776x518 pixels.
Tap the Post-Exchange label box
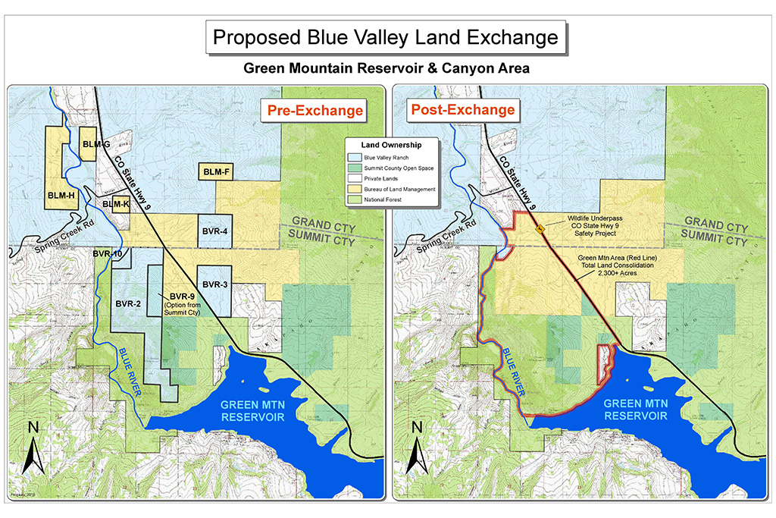coord(462,110)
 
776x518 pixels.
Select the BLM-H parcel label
coord(61,196)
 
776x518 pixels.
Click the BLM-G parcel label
coord(96,144)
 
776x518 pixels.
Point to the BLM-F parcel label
coord(215,172)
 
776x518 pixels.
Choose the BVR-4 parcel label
coord(215,231)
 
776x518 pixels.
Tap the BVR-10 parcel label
coord(108,253)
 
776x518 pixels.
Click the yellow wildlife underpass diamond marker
coord(540,228)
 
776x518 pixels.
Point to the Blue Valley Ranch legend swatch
coord(355,158)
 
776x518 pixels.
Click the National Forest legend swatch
coord(355,199)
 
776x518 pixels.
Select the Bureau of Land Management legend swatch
coord(355,189)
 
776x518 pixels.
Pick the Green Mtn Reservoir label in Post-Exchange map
coord(635,409)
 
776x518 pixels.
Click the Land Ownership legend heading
coord(391,145)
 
